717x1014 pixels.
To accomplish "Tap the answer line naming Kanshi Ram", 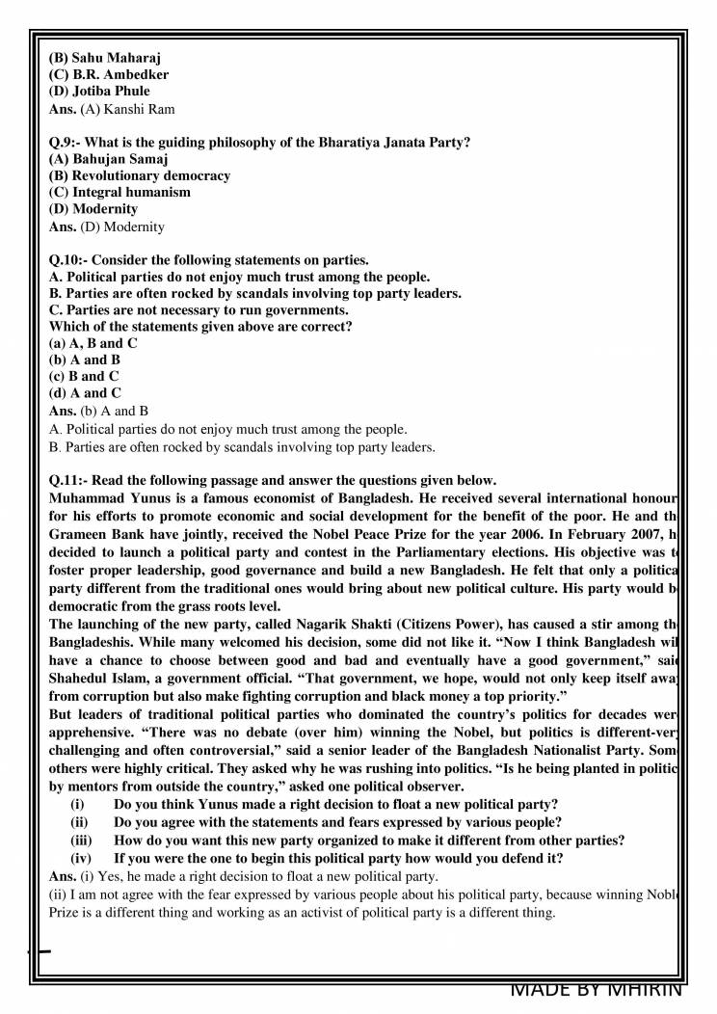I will (x=112, y=109).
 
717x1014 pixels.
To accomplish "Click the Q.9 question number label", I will (x=65, y=143).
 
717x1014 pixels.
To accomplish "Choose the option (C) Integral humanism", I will (x=119, y=193).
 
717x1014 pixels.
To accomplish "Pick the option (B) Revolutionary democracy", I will (x=140, y=176).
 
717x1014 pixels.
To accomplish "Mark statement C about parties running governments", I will (x=199, y=310).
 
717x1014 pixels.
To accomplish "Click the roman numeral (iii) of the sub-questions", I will (x=83, y=841).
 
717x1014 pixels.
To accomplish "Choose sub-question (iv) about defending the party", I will (x=338, y=858).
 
